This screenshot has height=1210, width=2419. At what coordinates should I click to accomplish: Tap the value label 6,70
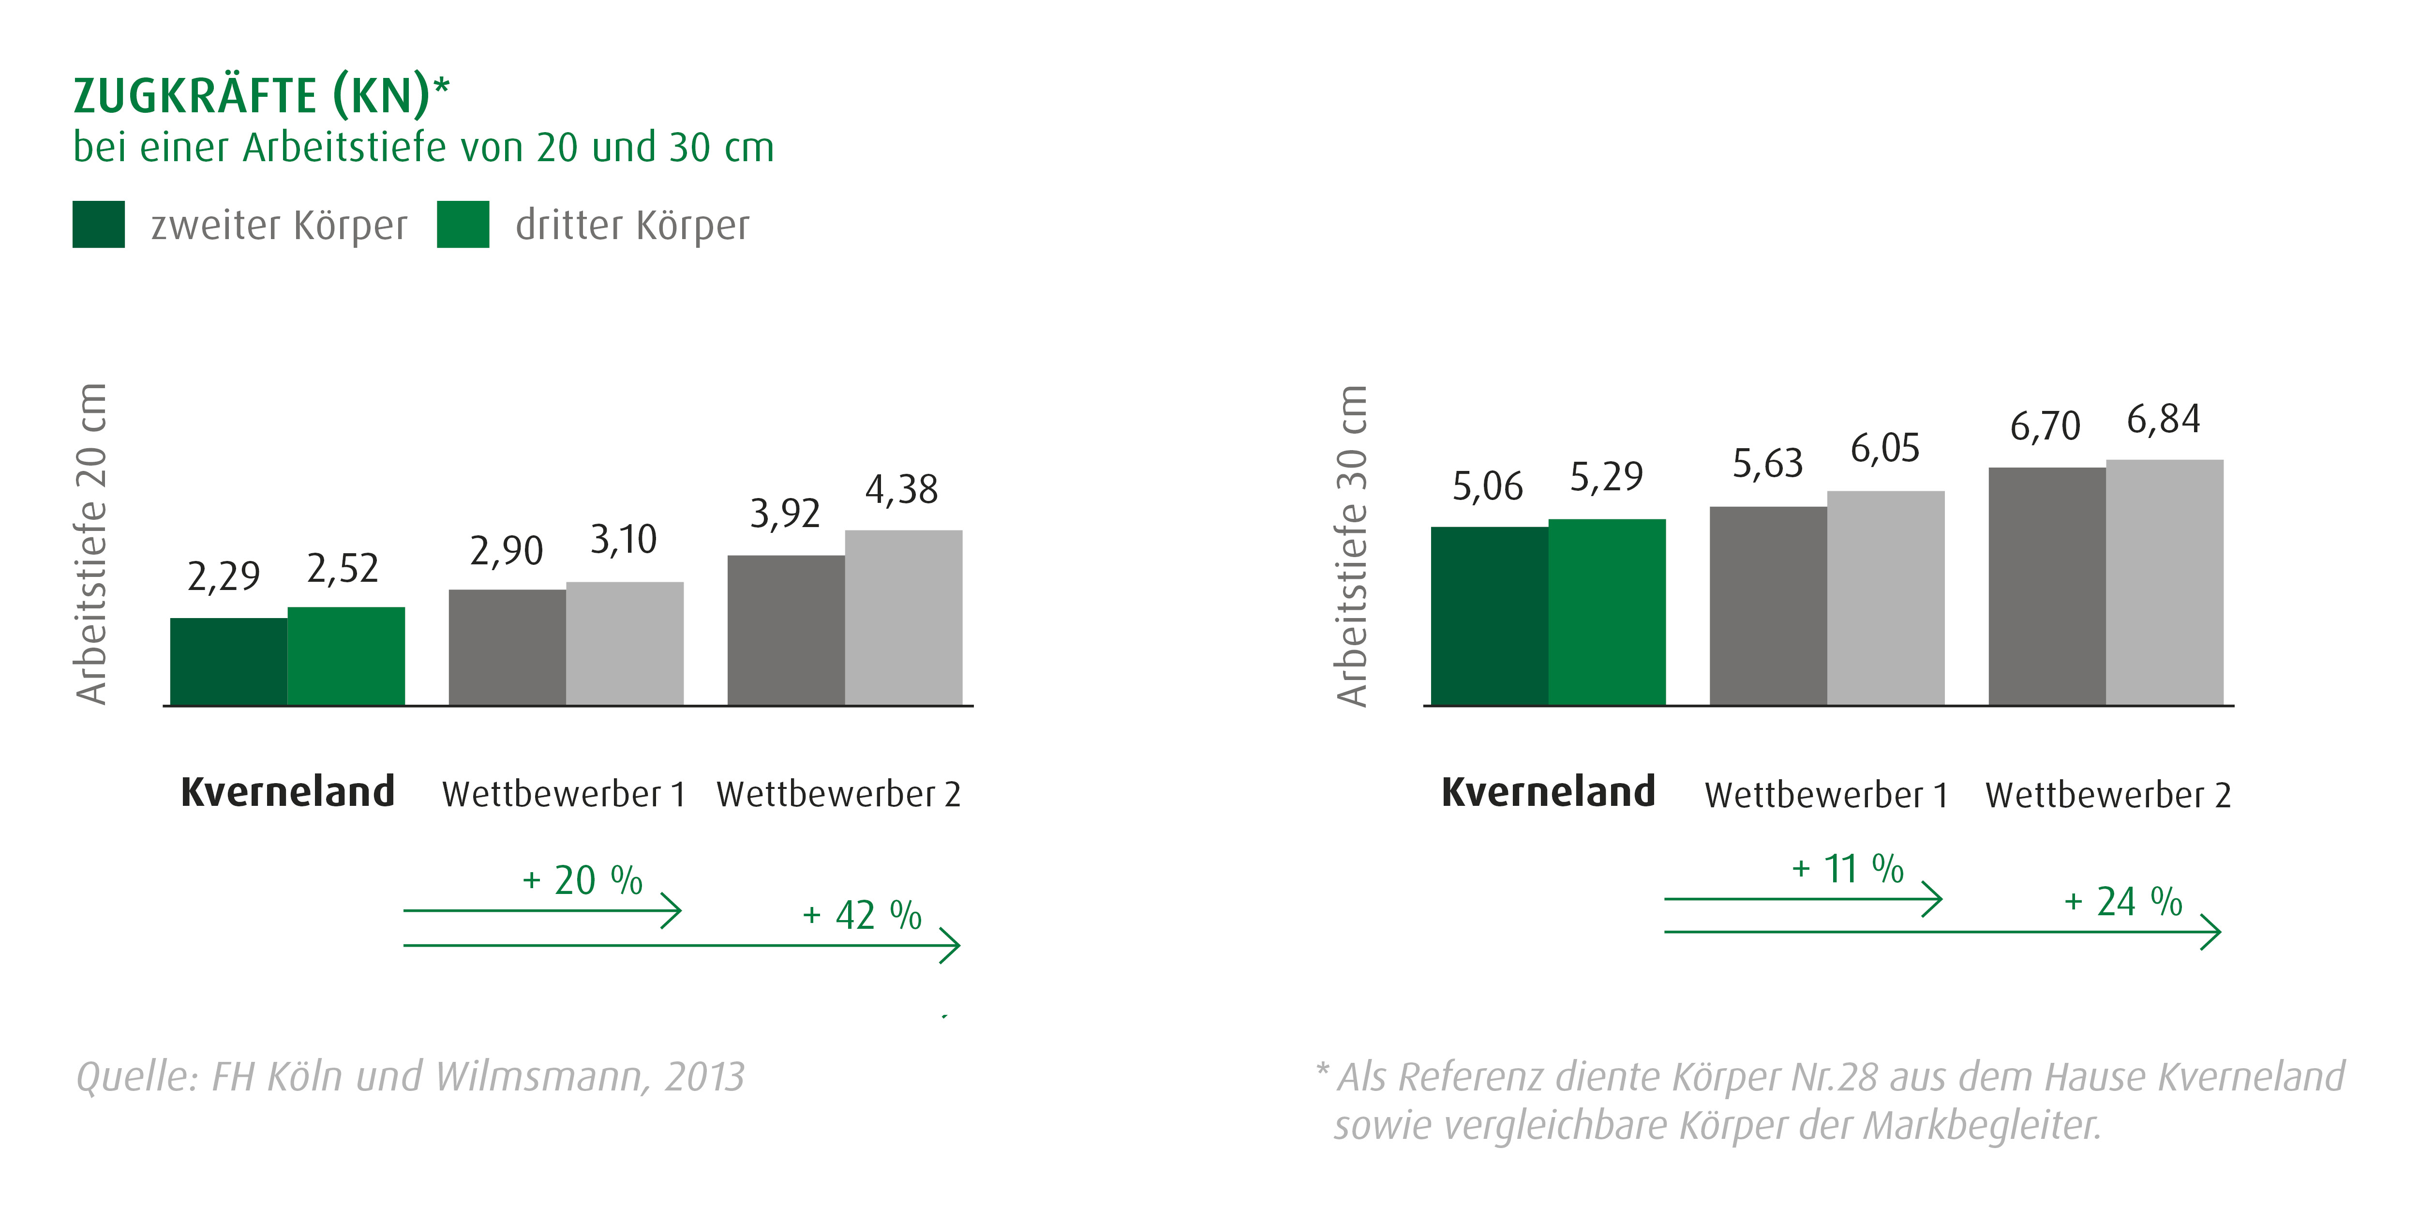click(x=2045, y=426)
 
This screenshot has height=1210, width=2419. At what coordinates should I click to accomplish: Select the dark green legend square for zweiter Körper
click(x=99, y=225)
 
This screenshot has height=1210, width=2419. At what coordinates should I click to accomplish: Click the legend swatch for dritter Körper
click(x=463, y=225)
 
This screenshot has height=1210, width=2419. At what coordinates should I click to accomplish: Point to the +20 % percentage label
click(x=582, y=880)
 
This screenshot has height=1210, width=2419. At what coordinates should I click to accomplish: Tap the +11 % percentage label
click(x=1847, y=869)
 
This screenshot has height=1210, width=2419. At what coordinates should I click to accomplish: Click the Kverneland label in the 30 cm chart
click(x=1548, y=792)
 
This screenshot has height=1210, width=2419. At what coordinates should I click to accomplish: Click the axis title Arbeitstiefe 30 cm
click(x=1352, y=545)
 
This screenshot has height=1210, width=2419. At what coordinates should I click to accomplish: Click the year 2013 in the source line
click(x=704, y=1076)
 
